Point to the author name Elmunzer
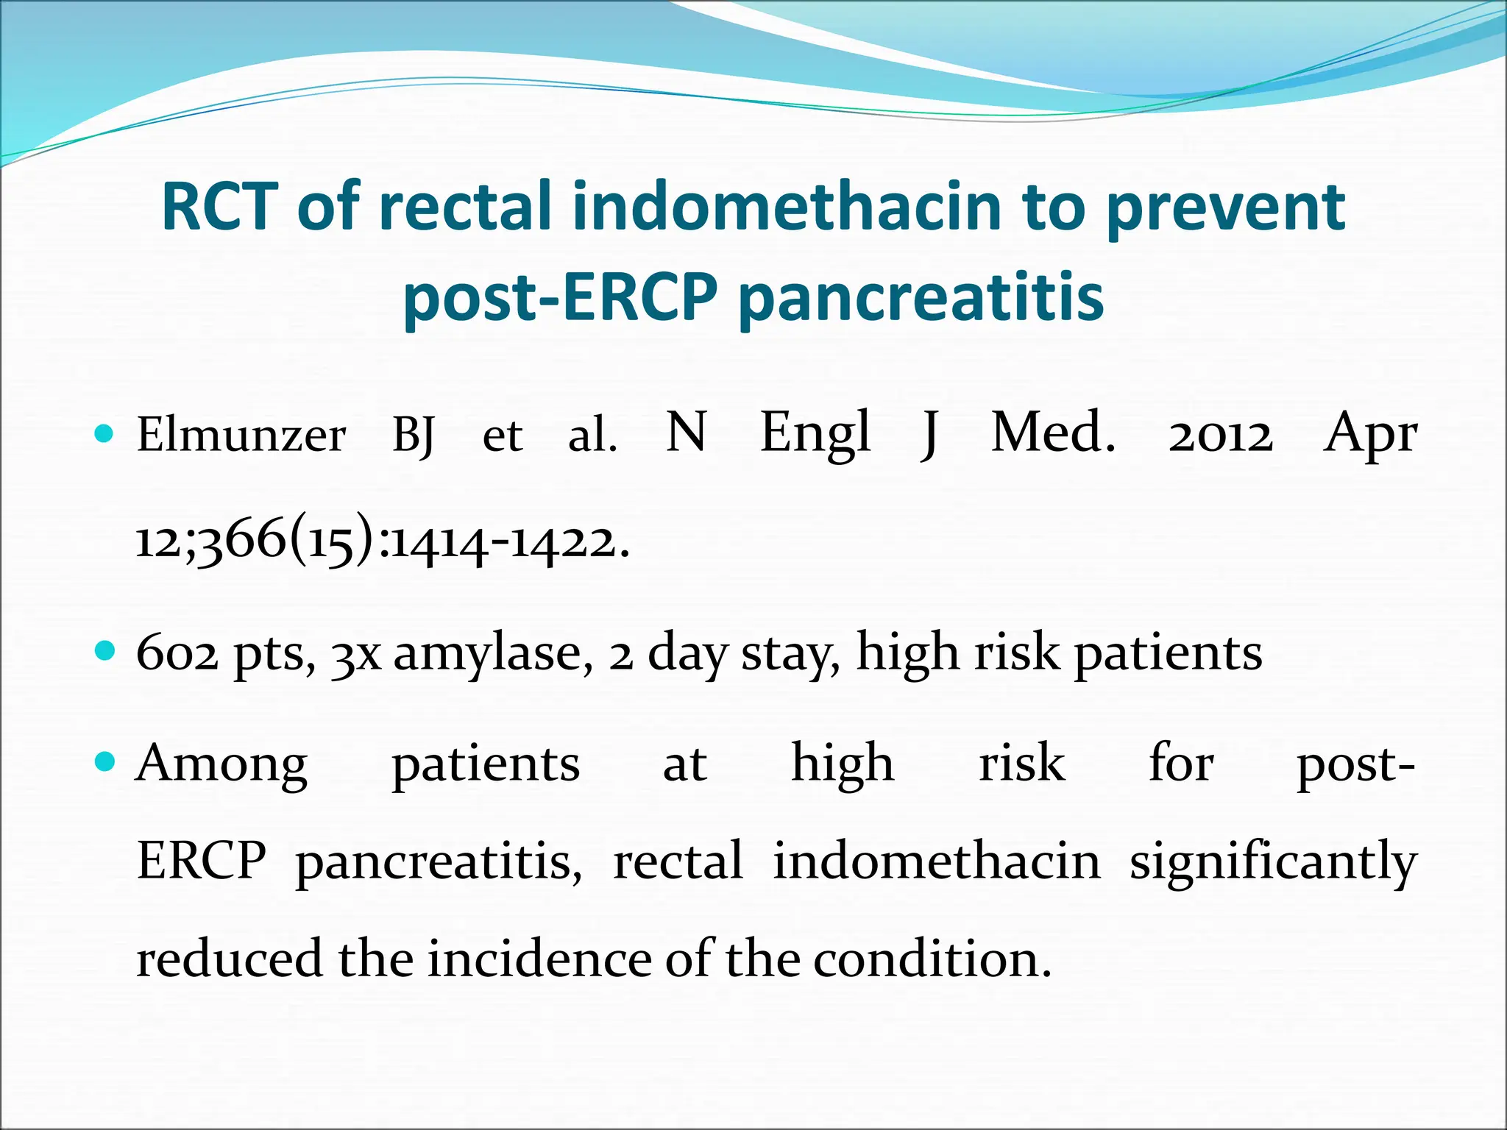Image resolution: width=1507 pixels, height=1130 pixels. pos(241,435)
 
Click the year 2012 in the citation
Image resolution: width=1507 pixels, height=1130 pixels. pos(1220,435)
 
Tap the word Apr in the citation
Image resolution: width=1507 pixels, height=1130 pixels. pos(1370,435)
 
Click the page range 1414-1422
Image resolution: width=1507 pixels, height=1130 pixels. pos(510,543)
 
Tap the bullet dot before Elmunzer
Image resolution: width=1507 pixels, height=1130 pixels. pos(105,433)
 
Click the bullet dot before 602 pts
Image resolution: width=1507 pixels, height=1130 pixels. pos(105,651)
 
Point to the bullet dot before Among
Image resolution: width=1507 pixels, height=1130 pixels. pos(105,761)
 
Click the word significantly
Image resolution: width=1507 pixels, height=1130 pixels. pos(1273,862)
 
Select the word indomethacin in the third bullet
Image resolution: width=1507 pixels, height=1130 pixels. pos(936,861)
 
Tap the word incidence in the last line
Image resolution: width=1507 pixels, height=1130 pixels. pos(541,959)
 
